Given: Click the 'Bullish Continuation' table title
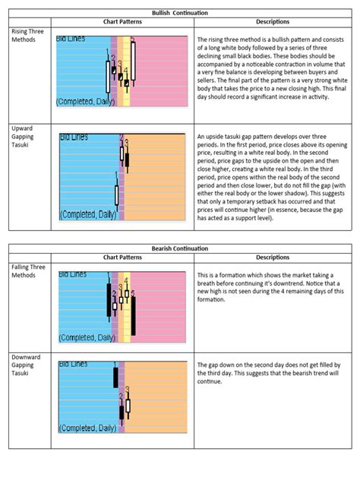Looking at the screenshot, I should tap(179, 14).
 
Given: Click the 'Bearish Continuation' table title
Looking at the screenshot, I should tap(180, 248).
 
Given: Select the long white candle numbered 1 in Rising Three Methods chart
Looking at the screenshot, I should tap(107, 76).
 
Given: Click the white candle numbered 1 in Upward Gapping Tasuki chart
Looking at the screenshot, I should tap(116, 194).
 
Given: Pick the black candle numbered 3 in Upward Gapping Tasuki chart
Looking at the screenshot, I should tap(127, 160).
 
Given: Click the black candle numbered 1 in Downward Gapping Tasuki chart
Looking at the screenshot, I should tap(115, 377).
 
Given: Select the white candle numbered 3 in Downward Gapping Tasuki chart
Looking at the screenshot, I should tap(128, 406).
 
